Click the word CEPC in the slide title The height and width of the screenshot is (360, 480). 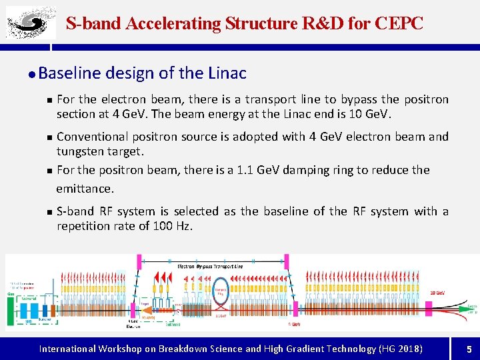click(399, 23)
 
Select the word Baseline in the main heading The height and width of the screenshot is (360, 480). click(71, 73)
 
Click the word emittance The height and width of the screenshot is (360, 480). click(85, 189)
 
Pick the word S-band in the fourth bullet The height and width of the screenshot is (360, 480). click(75, 211)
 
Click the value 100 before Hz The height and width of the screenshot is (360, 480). click(163, 226)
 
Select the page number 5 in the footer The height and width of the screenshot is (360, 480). click(469, 349)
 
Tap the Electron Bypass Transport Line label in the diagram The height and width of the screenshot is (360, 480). click(210, 265)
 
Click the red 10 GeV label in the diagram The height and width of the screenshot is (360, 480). click(437, 293)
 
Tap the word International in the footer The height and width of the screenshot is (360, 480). click(67, 349)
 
